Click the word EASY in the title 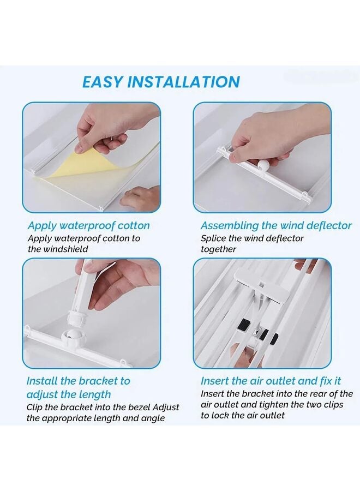click(103, 82)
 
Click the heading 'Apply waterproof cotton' click(88, 225)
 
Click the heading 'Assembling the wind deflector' click(276, 225)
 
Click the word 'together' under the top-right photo click(218, 249)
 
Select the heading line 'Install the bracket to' click(79, 380)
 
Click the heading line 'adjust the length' click(69, 394)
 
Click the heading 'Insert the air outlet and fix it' click(271, 380)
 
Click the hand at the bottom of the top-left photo click(141, 197)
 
